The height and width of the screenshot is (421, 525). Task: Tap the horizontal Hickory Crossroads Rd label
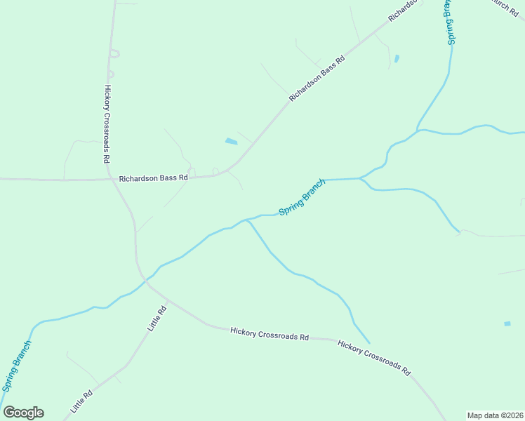pos(270,333)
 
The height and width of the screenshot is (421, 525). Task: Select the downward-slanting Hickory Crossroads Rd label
pos(373,358)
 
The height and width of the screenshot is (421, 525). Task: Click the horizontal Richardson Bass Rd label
pos(154,178)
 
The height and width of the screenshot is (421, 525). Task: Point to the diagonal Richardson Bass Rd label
pos(318,79)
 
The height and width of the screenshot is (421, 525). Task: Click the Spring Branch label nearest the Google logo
pos(17,366)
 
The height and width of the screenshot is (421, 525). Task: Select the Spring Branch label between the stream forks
pos(303,196)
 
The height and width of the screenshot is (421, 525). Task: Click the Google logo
pos(23,413)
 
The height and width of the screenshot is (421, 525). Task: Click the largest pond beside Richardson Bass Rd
pos(231,142)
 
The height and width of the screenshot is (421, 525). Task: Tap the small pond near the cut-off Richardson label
pos(397,58)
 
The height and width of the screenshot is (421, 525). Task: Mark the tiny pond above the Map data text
pos(507,323)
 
